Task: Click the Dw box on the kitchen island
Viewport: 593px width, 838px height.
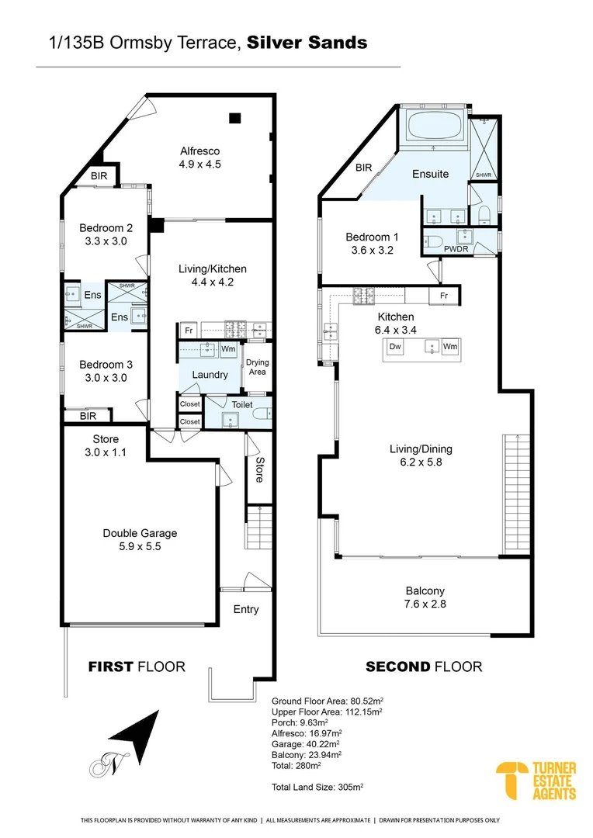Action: coord(394,346)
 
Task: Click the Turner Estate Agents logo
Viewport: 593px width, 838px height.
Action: coord(536,781)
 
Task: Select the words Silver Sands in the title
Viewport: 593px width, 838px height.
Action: coord(307,43)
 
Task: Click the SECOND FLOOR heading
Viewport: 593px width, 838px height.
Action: coord(424,667)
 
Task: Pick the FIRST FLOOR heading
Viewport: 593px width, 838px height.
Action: coord(136,667)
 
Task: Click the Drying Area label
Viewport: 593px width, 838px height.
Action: coord(258,367)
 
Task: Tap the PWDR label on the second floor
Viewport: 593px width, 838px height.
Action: coord(453,250)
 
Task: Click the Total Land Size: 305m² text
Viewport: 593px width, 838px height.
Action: coord(317,786)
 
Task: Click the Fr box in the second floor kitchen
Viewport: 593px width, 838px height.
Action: coord(443,296)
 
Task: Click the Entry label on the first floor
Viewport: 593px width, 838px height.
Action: coord(246,609)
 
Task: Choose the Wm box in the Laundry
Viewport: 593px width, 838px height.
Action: coord(228,350)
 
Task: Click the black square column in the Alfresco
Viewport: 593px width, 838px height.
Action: coord(234,119)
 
